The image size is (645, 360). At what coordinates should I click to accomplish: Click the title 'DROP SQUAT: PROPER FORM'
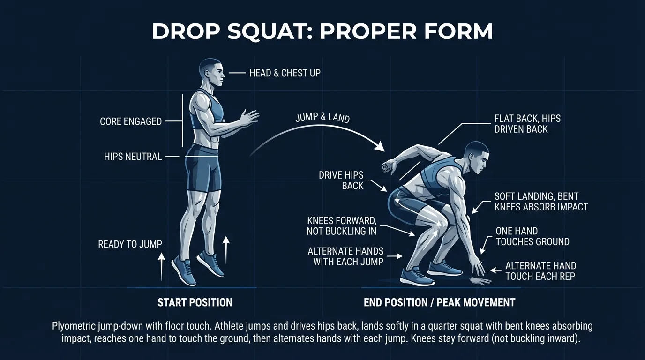pyautogui.click(x=322, y=32)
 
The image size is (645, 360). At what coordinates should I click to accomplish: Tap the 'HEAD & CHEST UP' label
pyautogui.click(x=285, y=73)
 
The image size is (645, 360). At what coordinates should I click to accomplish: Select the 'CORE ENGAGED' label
pyautogui.click(x=131, y=121)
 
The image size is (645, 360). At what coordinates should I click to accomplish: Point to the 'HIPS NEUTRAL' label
pyautogui.click(x=133, y=157)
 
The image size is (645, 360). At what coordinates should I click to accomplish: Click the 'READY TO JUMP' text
pyautogui.click(x=130, y=244)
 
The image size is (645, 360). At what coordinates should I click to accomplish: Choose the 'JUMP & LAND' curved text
pyautogui.click(x=322, y=117)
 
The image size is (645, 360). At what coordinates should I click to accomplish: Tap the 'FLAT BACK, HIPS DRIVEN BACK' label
pyautogui.click(x=527, y=124)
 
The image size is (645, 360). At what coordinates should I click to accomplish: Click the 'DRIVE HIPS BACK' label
pyautogui.click(x=341, y=180)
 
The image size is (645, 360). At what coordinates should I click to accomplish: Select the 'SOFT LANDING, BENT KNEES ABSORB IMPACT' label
pyautogui.click(x=541, y=202)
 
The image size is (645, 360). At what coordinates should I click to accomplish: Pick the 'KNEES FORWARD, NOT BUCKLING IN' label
pyautogui.click(x=341, y=225)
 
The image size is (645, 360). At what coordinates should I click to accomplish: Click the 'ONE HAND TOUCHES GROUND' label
pyautogui.click(x=532, y=237)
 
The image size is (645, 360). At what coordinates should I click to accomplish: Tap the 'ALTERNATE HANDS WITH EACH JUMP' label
pyautogui.click(x=345, y=256)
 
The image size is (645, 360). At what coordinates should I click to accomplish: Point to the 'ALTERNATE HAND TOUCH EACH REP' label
pyautogui.click(x=540, y=271)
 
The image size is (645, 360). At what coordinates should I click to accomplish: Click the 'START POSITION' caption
pyautogui.click(x=195, y=302)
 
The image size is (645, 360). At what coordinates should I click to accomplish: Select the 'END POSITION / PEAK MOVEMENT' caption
pyautogui.click(x=439, y=302)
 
